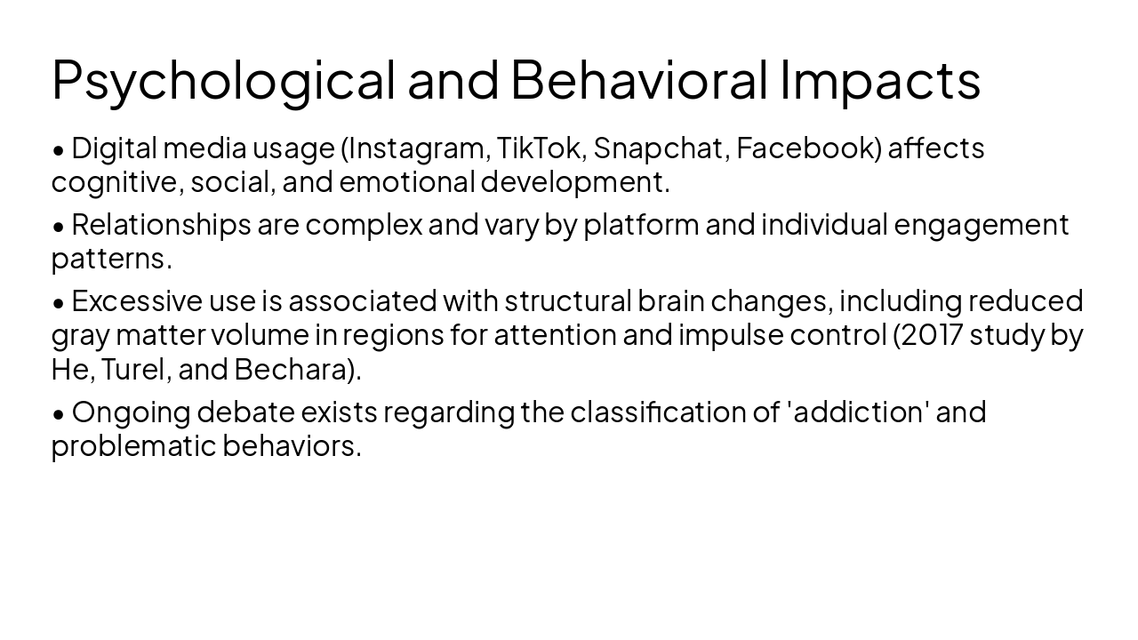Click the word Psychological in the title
223,80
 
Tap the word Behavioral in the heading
638,78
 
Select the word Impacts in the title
880,80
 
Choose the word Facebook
808,148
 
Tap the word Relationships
161,225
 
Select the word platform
641,225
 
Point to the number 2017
927,335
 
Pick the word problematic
133,446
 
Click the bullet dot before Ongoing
59,413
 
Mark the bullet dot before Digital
59,149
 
